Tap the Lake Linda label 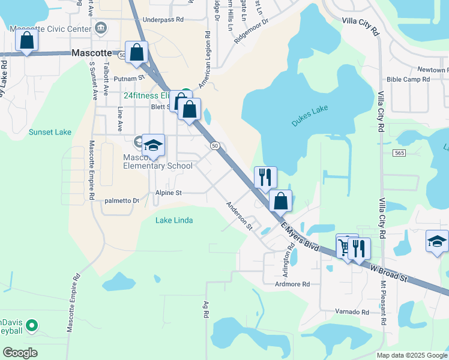pyautogui.click(x=174, y=220)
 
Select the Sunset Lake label pyautogui.click(x=50, y=132)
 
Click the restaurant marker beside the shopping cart pyautogui.click(x=359, y=248)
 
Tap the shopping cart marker pyautogui.click(x=345, y=246)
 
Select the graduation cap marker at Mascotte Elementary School pyautogui.click(x=153, y=145)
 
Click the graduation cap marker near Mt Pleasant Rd pyautogui.click(x=437, y=241)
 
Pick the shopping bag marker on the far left pyautogui.click(x=26, y=40)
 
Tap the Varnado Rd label pyautogui.click(x=352, y=312)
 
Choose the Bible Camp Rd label pyautogui.click(x=408, y=79)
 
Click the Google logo pyautogui.click(x=20, y=352)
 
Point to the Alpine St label pyautogui.click(x=169, y=193)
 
